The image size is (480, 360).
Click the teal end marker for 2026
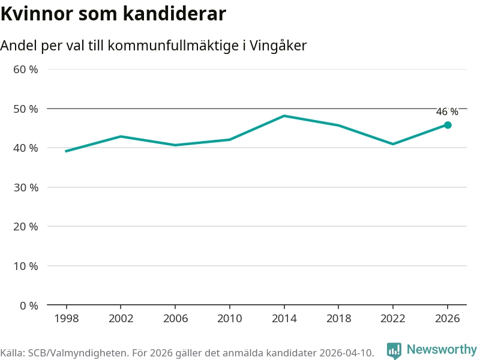(x=448, y=125)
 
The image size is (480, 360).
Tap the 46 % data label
(x=447, y=112)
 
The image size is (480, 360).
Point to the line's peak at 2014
(x=284, y=116)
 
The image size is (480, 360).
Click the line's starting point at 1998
(x=66, y=151)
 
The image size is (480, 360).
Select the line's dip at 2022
(x=393, y=144)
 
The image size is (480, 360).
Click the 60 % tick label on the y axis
(x=26, y=70)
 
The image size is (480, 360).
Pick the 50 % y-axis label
(x=26, y=109)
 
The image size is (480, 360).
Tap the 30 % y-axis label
(x=26, y=187)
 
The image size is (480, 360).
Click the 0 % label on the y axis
(x=29, y=305)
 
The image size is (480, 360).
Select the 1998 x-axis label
(x=67, y=319)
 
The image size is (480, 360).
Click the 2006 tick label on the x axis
(x=175, y=319)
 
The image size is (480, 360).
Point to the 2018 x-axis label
(x=338, y=319)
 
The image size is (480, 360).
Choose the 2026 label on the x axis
(x=448, y=319)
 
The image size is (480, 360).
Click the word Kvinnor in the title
(x=37, y=14)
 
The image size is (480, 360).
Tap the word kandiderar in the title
(x=175, y=14)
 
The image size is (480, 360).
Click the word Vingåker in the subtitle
(x=278, y=46)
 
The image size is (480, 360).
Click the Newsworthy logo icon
(x=394, y=350)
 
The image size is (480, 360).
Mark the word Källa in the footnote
(x=13, y=353)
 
